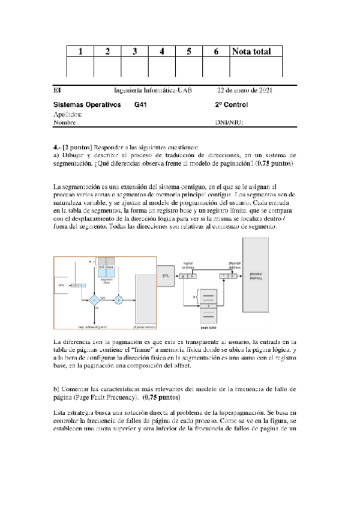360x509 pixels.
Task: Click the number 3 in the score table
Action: point(135,52)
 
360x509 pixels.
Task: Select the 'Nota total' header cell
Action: point(256,52)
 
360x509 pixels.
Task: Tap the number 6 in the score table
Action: point(215,52)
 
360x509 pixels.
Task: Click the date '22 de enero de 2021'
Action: point(245,90)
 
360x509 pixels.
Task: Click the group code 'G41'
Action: point(141,104)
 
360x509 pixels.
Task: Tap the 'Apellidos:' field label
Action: point(68,113)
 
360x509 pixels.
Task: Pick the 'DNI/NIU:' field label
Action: point(229,122)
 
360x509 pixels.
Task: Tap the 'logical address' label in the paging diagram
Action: point(188,264)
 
